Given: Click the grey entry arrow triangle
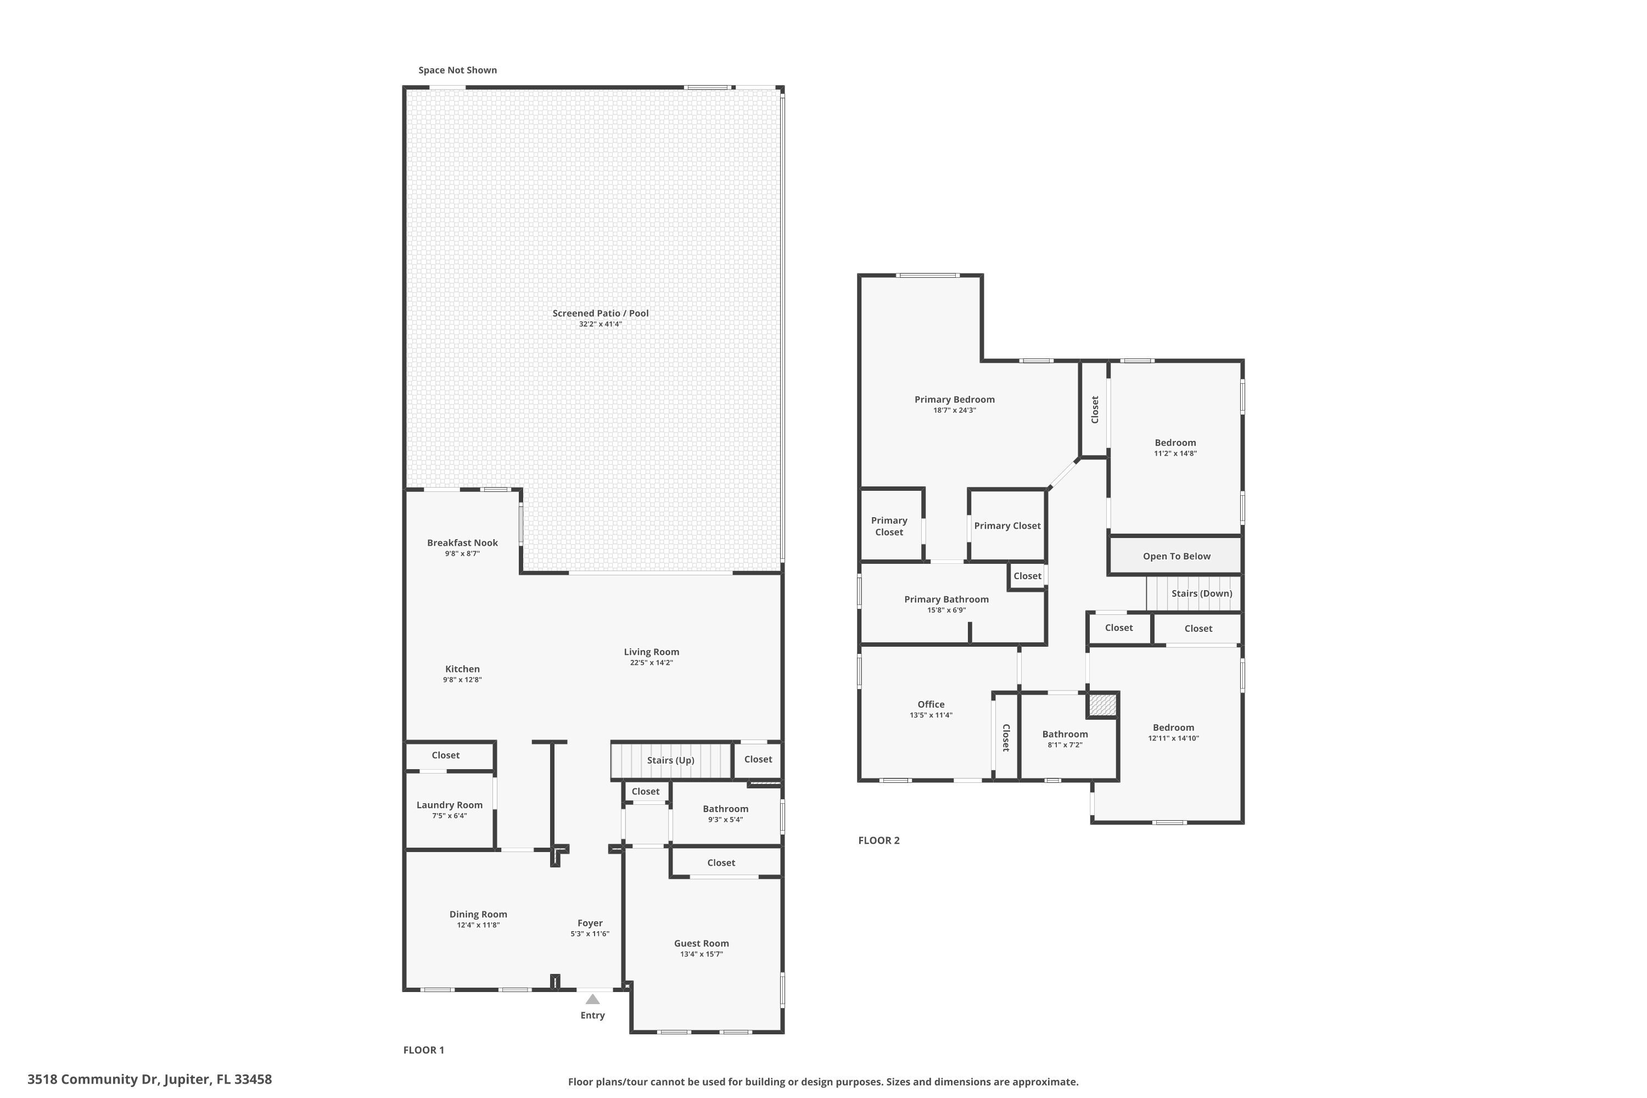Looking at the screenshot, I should click(x=592, y=999).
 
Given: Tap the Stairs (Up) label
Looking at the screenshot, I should click(x=670, y=760).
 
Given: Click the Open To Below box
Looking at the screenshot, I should click(x=1176, y=556).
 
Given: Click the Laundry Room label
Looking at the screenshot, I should click(x=449, y=805).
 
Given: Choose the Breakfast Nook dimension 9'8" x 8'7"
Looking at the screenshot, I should click(x=462, y=554).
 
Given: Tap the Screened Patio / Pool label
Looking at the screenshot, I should click(x=600, y=313).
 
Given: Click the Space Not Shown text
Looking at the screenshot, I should click(x=457, y=70).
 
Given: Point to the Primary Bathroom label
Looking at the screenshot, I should click(x=946, y=599).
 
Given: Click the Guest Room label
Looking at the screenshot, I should click(x=701, y=943).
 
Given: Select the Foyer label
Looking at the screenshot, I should click(x=590, y=923).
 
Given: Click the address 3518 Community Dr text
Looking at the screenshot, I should click(x=149, y=1079).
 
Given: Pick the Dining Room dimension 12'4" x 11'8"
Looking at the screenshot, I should click(x=478, y=925).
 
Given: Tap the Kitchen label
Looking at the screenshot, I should click(x=462, y=669).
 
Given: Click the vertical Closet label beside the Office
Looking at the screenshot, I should click(x=1006, y=737).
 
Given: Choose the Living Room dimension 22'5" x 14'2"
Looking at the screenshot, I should click(x=651, y=663).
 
